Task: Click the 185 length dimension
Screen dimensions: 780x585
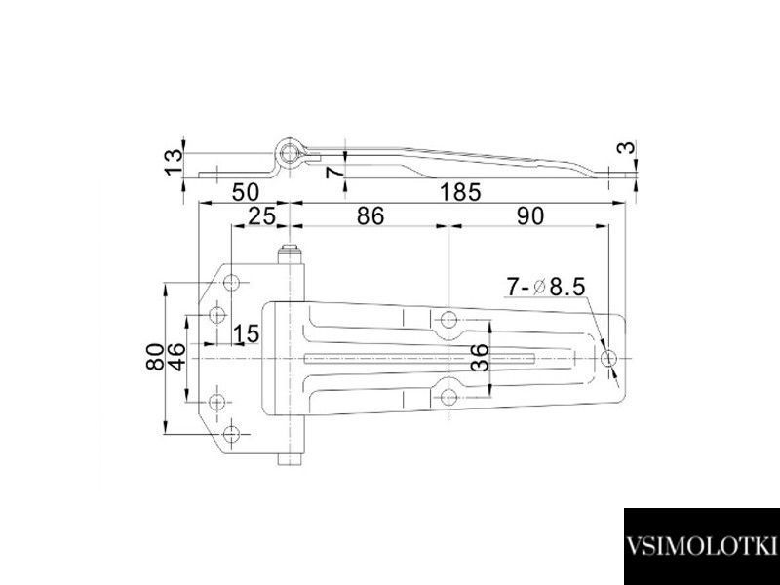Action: click(460, 192)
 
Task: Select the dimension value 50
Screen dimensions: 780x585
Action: click(246, 192)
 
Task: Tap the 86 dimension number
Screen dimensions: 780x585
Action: click(370, 215)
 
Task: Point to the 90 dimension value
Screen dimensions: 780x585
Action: click(530, 215)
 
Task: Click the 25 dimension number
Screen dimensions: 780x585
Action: click(261, 215)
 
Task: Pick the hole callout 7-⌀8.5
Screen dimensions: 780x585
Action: click(545, 287)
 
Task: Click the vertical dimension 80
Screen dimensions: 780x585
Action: click(156, 357)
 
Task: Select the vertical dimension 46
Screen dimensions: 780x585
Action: click(177, 357)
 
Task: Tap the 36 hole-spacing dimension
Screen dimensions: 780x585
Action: click(480, 358)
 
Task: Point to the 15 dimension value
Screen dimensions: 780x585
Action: click(247, 333)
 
